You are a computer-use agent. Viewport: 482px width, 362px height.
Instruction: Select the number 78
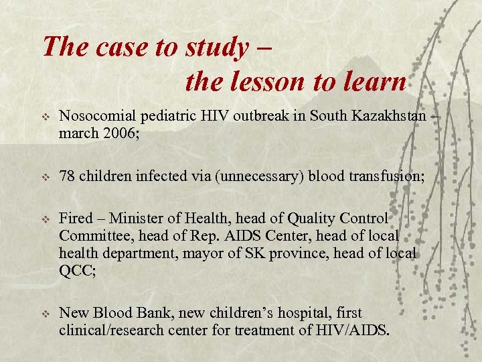66,177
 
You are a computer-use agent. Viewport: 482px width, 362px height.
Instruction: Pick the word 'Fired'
74,218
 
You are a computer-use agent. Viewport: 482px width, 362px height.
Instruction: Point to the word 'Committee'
90,236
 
